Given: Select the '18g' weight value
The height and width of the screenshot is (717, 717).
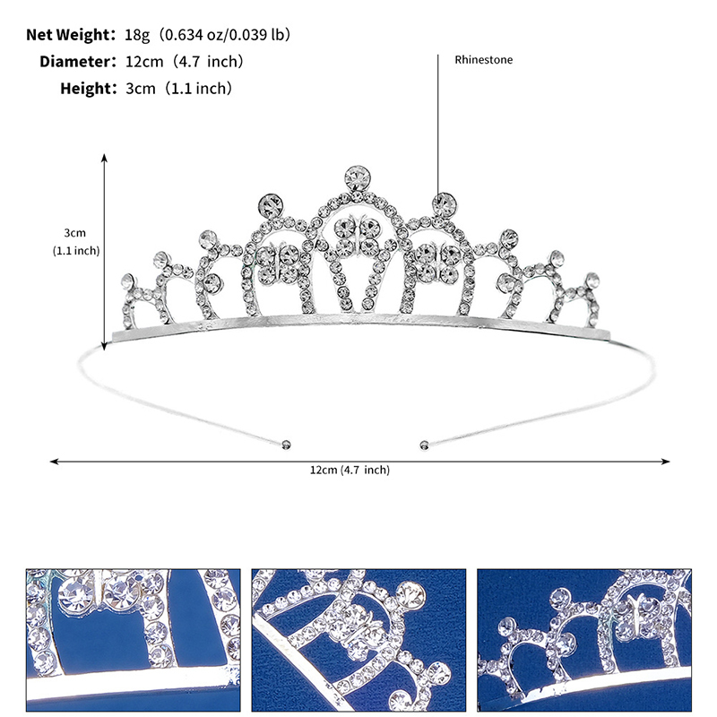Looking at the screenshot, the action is coord(137,35).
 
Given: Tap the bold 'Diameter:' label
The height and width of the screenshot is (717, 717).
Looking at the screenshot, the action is coord(78,62).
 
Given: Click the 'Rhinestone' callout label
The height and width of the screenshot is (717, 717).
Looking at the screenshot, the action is coord(483,59).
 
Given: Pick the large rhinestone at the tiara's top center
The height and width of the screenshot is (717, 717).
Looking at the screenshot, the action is coord(357,178).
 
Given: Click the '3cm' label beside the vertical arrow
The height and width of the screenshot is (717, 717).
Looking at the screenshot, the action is coord(74,233).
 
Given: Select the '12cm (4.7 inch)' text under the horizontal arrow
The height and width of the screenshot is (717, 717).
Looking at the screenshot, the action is coord(350,470).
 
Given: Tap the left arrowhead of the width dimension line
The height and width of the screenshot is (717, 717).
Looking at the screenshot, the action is coord(54,462).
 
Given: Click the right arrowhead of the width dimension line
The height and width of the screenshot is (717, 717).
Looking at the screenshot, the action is coord(666,462).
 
